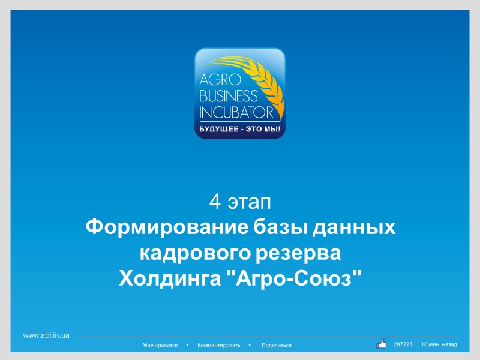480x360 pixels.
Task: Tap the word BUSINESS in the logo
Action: pyautogui.click(x=228, y=95)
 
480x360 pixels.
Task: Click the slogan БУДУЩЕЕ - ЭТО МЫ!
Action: pyautogui.click(x=239, y=129)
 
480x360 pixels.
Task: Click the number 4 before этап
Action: pyautogui.click(x=214, y=202)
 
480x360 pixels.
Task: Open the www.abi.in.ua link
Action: pyautogui.click(x=46, y=335)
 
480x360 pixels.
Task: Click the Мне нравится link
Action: pyautogui.click(x=160, y=346)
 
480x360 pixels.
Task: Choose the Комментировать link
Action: pyautogui.click(x=219, y=346)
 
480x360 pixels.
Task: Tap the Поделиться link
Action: pyautogui.click(x=277, y=346)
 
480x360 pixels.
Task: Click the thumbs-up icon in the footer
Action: pyautogui.click(x=382, y=344)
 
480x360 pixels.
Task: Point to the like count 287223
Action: pyautogui.click(x=403, y=344)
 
